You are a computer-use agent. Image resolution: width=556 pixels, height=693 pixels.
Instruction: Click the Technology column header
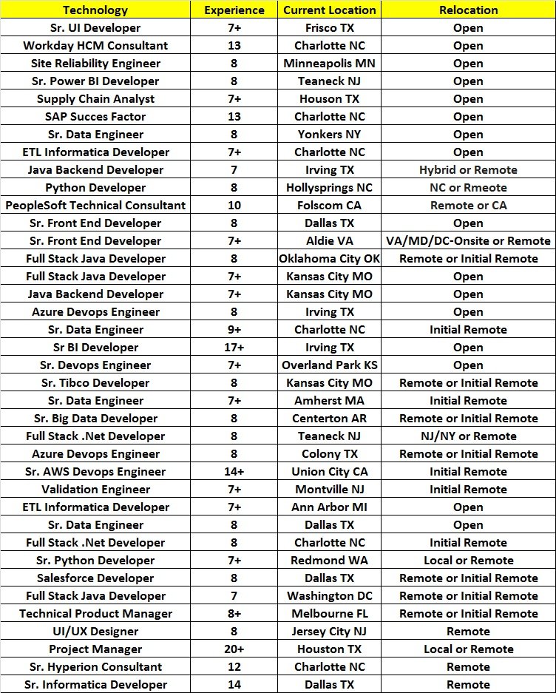pos(95,10)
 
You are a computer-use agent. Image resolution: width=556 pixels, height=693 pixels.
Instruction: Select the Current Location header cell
pos(330,10)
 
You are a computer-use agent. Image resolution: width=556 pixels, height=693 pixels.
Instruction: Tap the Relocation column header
pos(468,10)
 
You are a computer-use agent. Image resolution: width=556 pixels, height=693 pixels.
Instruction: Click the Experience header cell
pos(234,10)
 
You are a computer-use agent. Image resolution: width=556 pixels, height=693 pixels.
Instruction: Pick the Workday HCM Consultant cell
pos(95,46)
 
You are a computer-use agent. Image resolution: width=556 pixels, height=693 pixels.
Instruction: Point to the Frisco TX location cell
pos(330,28)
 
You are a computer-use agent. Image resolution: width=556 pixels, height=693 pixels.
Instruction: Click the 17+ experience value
pos(234,348)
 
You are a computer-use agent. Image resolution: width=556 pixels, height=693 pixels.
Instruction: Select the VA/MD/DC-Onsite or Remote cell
pos(468,241)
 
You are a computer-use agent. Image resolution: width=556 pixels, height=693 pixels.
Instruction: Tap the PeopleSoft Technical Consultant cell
pos(95,206)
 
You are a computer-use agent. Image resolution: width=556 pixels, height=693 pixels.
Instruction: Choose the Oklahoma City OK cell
pos(330,259)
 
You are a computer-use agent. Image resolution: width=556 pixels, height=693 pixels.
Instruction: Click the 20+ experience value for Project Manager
pos(234,649)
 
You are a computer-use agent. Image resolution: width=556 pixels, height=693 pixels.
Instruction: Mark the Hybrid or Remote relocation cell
pos(468,170)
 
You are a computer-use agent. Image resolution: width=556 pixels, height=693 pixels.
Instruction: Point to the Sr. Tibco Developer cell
pos(95,383)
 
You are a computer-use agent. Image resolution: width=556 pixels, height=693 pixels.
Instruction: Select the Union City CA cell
pos(330,472)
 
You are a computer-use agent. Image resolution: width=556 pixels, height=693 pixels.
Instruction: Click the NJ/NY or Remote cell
pos(468,436)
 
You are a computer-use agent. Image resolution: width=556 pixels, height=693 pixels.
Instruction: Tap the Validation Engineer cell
pos(95,490)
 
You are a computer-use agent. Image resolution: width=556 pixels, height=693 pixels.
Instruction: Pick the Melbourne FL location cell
pos(330,614)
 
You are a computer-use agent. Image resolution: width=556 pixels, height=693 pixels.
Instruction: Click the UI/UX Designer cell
pos(95,632)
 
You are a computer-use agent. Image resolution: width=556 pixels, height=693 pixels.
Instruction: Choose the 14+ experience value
pos(234,472)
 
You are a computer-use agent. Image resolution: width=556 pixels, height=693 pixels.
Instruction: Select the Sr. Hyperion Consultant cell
pos(95,667)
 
